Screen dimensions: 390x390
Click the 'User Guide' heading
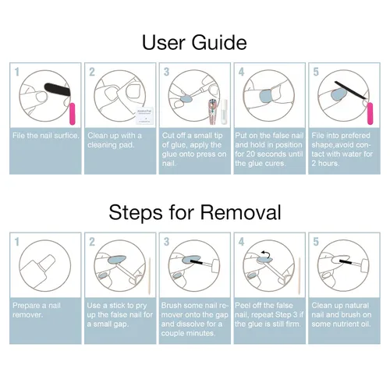click(x=194, y=43)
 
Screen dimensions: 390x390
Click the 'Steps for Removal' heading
click(x=195, y=212)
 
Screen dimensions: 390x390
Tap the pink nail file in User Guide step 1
click(x=72, y=114)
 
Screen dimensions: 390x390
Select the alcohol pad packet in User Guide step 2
click(x=144, y=115)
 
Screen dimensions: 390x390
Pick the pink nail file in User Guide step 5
click(x=370, y=114)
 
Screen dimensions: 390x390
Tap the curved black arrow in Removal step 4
click(x=266, y=254)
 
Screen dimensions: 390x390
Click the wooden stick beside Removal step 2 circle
click(x=150, y=276)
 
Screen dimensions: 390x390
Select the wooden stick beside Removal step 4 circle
click(x=300, y=276)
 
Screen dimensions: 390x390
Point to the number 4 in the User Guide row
click(x=241, y=72)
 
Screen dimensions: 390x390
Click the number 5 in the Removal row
click(x=316, y=242)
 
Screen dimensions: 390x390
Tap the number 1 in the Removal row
click(x=17, y=242)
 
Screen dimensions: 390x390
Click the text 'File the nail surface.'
click(x=46, y=136)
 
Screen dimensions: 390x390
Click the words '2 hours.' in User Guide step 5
click(x=325, y=163)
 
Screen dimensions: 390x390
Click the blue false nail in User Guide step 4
click(x=266, y=96)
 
